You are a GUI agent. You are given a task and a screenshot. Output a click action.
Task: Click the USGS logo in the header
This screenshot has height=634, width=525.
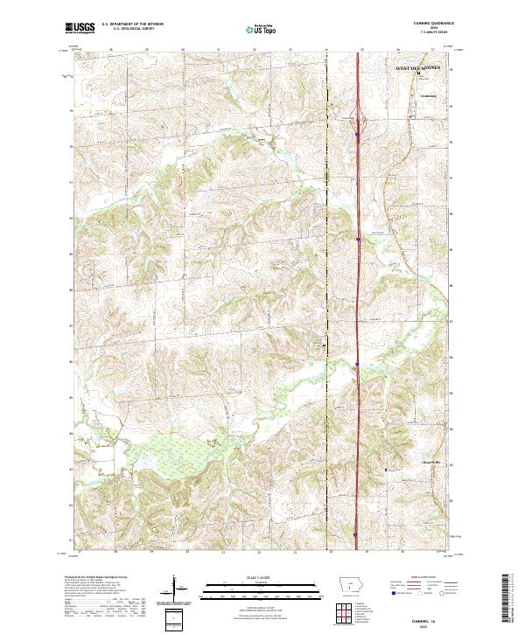81,28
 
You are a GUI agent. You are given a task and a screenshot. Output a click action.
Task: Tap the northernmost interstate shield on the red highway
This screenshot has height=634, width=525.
358,135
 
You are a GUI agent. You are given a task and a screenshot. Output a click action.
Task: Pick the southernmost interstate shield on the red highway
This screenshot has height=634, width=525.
355,535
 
